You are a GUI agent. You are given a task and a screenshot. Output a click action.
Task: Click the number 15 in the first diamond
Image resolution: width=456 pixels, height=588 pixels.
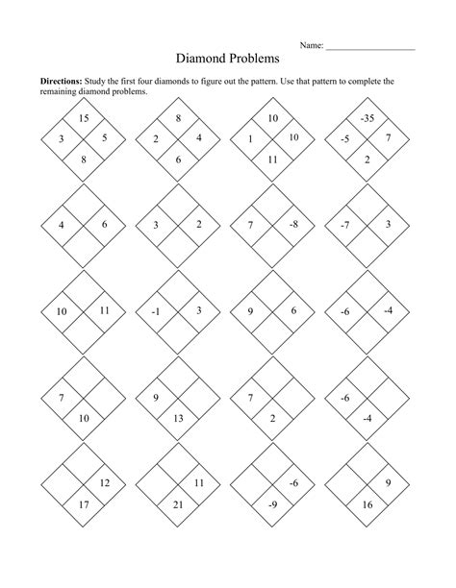tap(84, 118)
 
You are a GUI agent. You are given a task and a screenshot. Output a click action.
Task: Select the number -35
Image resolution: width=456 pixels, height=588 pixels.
tap(367, 118)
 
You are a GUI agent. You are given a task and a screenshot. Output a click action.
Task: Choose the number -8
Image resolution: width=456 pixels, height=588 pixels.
tap(293, 224)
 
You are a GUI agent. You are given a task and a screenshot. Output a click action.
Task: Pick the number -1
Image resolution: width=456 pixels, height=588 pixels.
tap(156, 310)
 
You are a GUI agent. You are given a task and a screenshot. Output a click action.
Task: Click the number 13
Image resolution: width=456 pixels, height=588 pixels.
tap(178, 419)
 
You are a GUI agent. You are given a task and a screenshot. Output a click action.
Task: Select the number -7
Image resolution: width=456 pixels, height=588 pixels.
tap(344, 224)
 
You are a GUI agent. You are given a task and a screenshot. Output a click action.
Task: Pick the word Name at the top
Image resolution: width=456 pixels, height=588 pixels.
tap(312, 45)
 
